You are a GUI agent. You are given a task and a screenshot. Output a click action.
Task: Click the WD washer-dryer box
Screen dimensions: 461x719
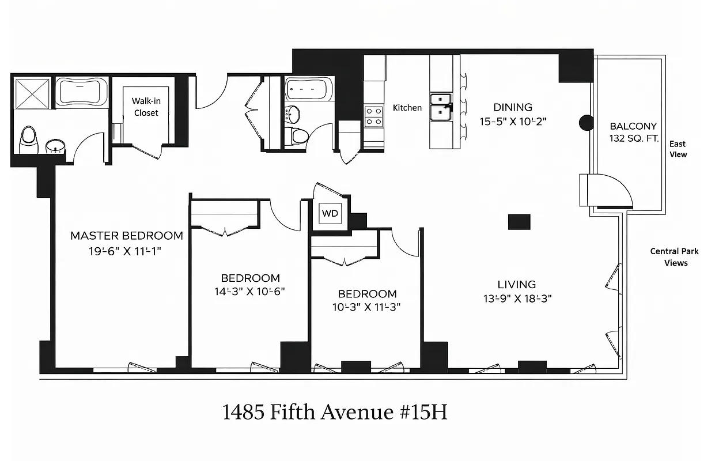click(330, 213)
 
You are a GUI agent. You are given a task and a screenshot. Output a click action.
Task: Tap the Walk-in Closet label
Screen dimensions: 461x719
click(146, 107)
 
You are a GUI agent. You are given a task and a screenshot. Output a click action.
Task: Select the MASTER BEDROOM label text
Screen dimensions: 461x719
click(127, 236)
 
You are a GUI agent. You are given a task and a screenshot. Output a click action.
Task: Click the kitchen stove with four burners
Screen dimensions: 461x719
click(373, 116)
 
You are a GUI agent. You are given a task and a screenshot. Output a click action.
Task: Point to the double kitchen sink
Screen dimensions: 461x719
click(442, 105)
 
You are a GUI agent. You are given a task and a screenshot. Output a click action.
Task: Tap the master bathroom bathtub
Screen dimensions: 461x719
click(81, 92)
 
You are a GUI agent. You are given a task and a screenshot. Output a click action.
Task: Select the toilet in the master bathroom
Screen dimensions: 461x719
click(28, 140)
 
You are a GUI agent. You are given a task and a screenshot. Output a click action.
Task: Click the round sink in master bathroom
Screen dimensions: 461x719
click(55, 146)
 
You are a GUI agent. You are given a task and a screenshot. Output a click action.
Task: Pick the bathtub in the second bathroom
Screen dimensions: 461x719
click(309, 89)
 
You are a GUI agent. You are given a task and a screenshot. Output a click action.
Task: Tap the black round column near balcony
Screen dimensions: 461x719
click(586, 122)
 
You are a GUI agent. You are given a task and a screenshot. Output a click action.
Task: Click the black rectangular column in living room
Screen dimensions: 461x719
click(519, 222)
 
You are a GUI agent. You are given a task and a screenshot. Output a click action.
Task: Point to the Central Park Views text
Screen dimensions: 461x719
click(674, 257)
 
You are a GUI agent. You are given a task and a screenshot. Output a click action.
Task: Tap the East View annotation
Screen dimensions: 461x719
click(678, 149)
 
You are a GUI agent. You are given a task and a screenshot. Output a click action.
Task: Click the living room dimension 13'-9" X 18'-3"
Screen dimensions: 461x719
click(513, 298)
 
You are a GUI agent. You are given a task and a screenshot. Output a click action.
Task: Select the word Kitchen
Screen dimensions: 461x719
click(407, 108)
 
